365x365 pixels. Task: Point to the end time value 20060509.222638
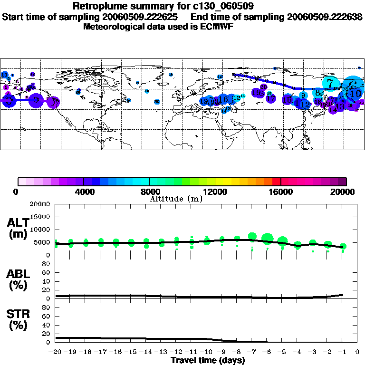325,17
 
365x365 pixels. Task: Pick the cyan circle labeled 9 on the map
303,96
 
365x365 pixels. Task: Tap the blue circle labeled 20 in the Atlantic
157,102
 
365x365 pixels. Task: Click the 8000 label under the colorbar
149,192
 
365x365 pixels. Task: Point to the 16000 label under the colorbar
281,192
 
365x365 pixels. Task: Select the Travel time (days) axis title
207,361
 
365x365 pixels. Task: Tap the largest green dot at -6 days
267,238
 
